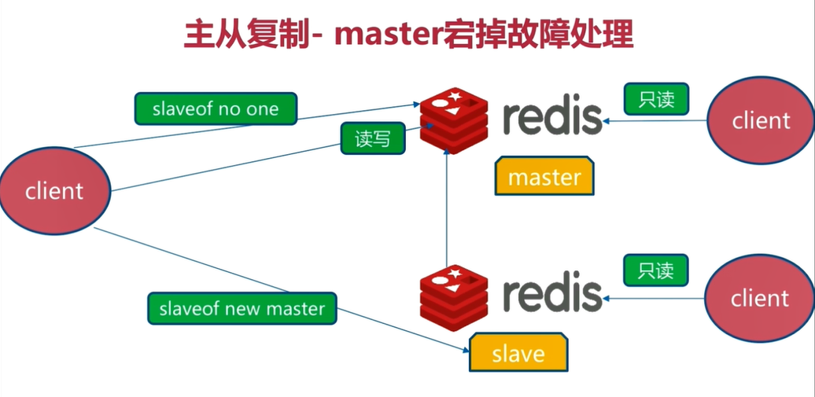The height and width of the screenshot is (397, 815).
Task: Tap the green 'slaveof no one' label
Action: click(216, 109)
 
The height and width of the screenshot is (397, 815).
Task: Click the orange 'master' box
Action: click(544, 177)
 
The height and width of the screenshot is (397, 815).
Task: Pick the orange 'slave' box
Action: click(518, 353)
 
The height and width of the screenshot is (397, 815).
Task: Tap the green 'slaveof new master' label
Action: click(242, 308)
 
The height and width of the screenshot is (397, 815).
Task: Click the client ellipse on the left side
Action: click(54, 190)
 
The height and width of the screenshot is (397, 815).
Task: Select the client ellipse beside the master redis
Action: click(761, 120)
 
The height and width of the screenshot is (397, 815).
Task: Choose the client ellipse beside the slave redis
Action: click(759, 299)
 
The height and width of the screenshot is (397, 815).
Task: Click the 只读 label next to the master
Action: click(656, 99)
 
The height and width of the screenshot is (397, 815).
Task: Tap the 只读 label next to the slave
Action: click(655, 271)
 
